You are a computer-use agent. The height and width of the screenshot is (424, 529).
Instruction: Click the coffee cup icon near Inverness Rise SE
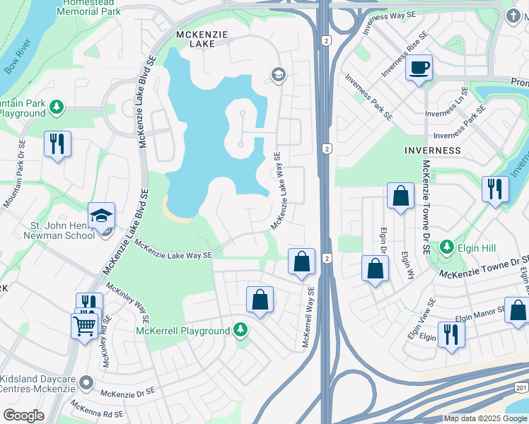pyautogui.click(x=419, y=69)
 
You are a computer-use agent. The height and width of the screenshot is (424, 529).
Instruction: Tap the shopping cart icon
pyautogui.click(x=84, y=326)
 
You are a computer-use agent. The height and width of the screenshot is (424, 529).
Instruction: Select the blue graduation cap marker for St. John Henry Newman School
pyautogui.click(x=101, y=215)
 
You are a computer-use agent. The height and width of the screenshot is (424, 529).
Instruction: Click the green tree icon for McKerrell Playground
pyautogui.click(x=240, y=330)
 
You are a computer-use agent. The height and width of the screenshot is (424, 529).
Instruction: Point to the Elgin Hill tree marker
pyautogui.click(x=446, y=247)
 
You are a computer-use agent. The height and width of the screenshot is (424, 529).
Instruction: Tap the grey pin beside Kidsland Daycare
pyautogui.click(x=86, y=382)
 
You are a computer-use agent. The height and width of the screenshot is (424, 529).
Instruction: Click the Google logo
pyautogui.click(x=24, y=416)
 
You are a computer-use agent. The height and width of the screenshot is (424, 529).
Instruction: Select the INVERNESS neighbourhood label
pyautogui.click(x=432, y=151)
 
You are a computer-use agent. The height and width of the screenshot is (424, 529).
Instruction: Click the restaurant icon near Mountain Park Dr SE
pyautogui.click(x=55, y=144)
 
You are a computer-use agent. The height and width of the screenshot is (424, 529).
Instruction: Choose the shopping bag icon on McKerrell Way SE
pyautogui.click(x=302, y=261)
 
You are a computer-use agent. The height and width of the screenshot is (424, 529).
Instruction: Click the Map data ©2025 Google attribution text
pyautogui.click(x=485, y=418)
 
